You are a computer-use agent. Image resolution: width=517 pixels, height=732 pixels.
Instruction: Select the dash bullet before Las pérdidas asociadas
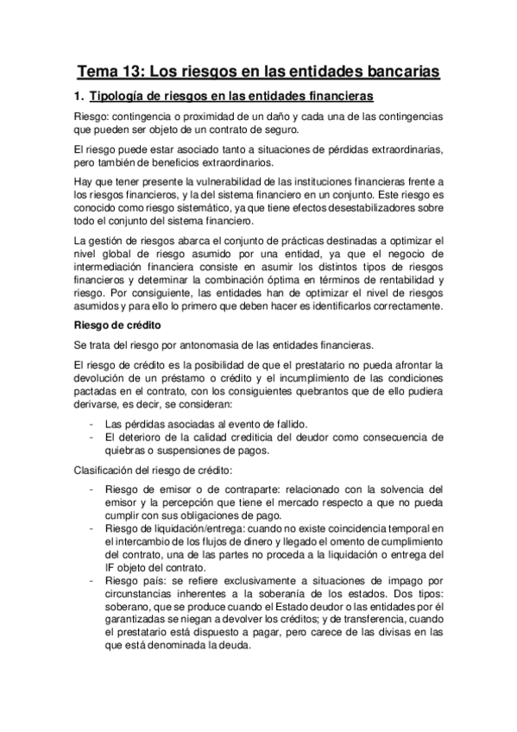[92, 422]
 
